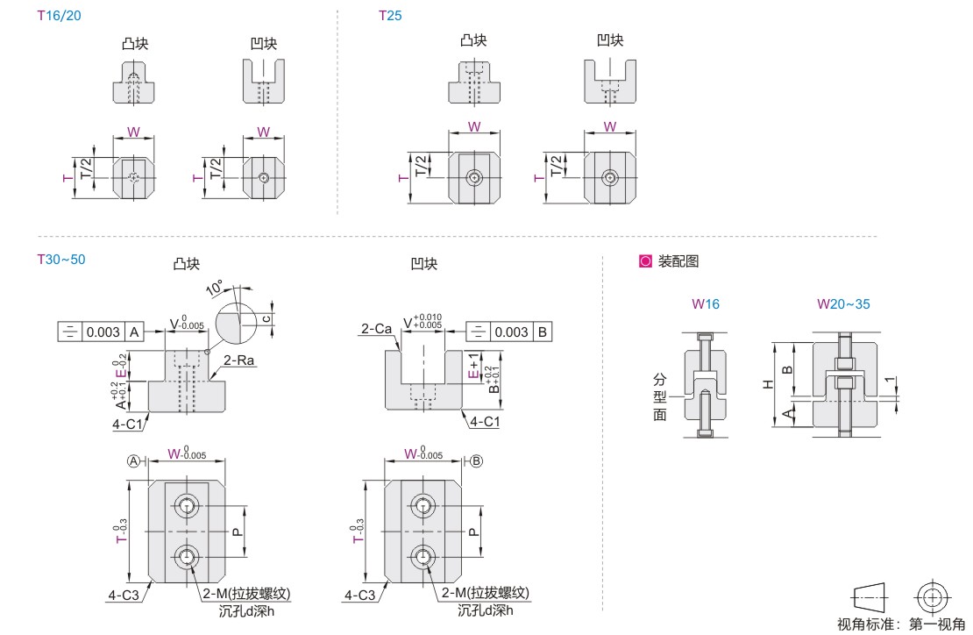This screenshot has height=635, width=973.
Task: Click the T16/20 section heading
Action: [60, 16]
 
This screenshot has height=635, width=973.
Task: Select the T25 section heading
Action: [390, 16]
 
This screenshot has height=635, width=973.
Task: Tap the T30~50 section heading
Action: [60, 259]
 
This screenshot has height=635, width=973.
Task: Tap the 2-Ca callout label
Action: [375, 330]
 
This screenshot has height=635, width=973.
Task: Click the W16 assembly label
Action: [706, 304]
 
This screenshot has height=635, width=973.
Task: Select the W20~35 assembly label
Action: [844, 304]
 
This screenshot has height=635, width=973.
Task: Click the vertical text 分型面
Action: [660, 396]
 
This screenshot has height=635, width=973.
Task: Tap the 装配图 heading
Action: [678, 261]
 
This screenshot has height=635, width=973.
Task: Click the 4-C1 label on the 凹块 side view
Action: [484, 422]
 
